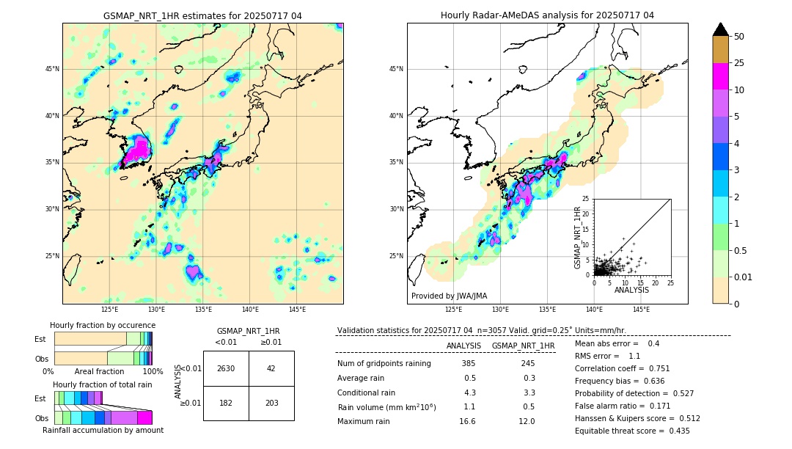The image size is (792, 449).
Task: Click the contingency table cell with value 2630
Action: point(226,368)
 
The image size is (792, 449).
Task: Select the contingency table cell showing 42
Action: point(271,368)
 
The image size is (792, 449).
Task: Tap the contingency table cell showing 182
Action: point(226,403)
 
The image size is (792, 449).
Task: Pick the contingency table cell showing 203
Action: point(271,403)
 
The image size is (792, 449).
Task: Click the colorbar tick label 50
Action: point(739,37)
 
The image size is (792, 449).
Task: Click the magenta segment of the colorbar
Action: point(720,76)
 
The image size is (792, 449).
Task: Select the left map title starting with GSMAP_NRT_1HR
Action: point(202,15)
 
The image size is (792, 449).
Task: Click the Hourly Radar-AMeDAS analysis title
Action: point(547,15)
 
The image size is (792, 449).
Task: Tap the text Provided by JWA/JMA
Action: point(449,296)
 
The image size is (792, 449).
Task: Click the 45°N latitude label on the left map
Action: point(52,69)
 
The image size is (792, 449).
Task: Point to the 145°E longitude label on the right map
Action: point(641,310)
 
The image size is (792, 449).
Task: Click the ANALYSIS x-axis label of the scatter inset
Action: point(631,290)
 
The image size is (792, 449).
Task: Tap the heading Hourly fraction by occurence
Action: point(103,325)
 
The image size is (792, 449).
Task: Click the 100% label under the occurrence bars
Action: point(153,371)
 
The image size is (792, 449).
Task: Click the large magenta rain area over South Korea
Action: point(136,152)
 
